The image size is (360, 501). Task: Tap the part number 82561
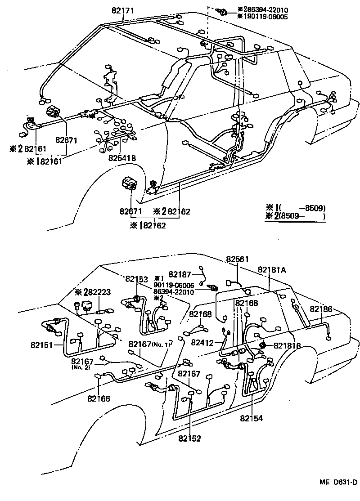[237, 259]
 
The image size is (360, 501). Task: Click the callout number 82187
[180, 273]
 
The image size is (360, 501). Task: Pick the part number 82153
[137, 279]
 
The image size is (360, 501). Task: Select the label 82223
[96, 292]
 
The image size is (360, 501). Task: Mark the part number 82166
[99, 398]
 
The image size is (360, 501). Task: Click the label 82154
[252, 418]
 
